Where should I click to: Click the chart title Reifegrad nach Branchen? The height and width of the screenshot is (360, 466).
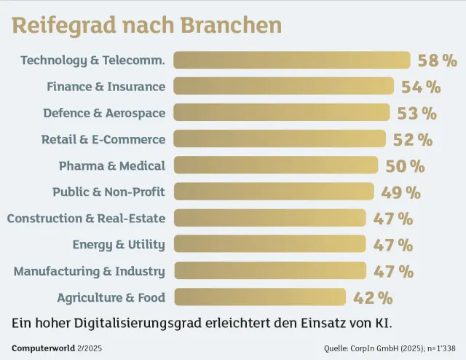tap(146, 25)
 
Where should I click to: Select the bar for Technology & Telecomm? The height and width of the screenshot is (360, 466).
tap(291, 60)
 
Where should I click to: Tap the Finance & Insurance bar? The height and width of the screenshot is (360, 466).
tap(284, 87)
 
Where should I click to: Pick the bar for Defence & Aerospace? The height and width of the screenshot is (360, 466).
tap(282, 113)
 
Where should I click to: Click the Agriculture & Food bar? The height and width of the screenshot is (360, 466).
tap(259, 297)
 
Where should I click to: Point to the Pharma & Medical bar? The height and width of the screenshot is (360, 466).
tap(276, 165)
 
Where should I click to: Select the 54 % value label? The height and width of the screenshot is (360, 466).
tap(421, 87)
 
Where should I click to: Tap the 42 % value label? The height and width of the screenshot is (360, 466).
tap(373, 297)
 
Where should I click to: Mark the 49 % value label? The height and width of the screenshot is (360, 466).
tap(401, 192)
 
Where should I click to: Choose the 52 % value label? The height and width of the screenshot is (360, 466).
tap(413, 139)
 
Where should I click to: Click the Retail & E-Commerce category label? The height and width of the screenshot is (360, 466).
tap(103, 139)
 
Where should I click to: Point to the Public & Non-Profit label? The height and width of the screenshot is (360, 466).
tap(108, 192)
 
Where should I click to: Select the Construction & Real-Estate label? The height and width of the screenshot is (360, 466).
tap(86, 219)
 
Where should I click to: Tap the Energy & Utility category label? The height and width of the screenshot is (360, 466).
tap(119, 245)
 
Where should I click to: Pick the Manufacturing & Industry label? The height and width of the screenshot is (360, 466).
tap(89, 271)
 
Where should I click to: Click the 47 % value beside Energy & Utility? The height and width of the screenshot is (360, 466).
tap(393, 245)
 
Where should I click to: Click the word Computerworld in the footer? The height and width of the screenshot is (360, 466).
tap(41, 348)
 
